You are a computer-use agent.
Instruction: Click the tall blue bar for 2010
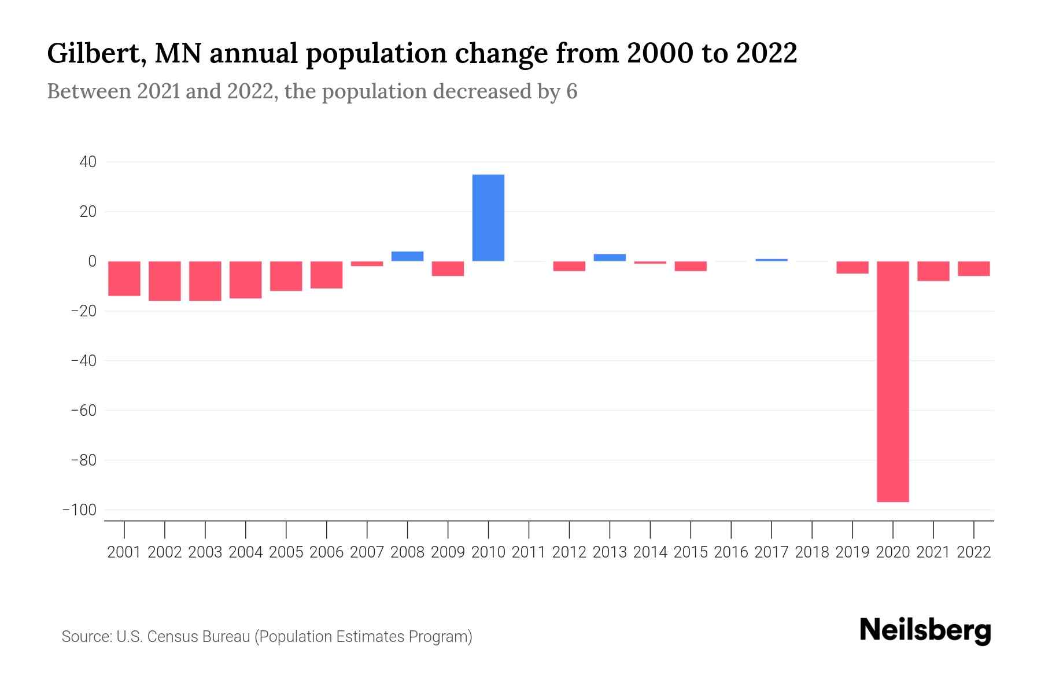click(x=488, y=218)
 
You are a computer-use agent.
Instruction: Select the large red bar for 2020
click(x=892, y=382)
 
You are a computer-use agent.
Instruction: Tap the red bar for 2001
click(x=124, y=279)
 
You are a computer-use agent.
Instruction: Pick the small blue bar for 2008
click(x=407, y=256)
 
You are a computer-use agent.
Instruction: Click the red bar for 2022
click(x=973, y=269)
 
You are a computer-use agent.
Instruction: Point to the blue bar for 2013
click(x=610, y=257)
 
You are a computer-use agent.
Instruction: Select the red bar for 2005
click(x=286, y=276)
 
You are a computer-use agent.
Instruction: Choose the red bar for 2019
click(x=852, y=267)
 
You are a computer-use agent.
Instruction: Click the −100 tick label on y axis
click(x=79, y=510)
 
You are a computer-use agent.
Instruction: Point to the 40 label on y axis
click(x=88, y=162)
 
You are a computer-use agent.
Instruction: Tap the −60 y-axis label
click(x=83, y=411)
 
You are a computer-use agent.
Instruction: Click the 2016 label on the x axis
click(x=731, y=552)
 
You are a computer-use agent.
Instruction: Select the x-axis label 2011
click(x=529, y=552)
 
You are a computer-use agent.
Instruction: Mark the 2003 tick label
click(x=205, y=552)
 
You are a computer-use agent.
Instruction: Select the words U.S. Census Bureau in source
click(x=183, y=637)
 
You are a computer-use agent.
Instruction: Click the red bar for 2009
click(x=448, y=269)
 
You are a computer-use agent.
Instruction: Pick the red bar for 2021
click(x=933, y=271)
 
